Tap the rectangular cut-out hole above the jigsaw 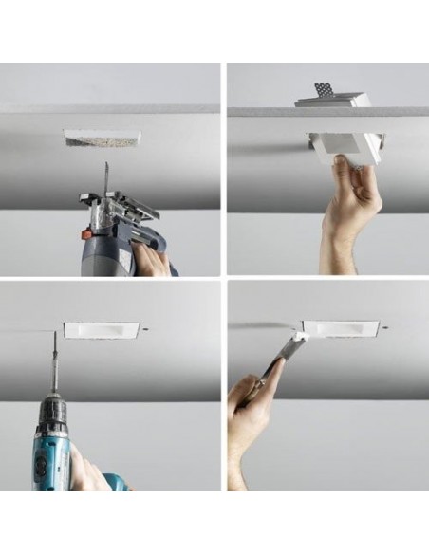(103, 138)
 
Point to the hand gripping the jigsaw (153, 259)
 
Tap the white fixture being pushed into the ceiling (344, 146)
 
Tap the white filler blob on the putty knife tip (300, 335)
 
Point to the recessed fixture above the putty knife (341, 328)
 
